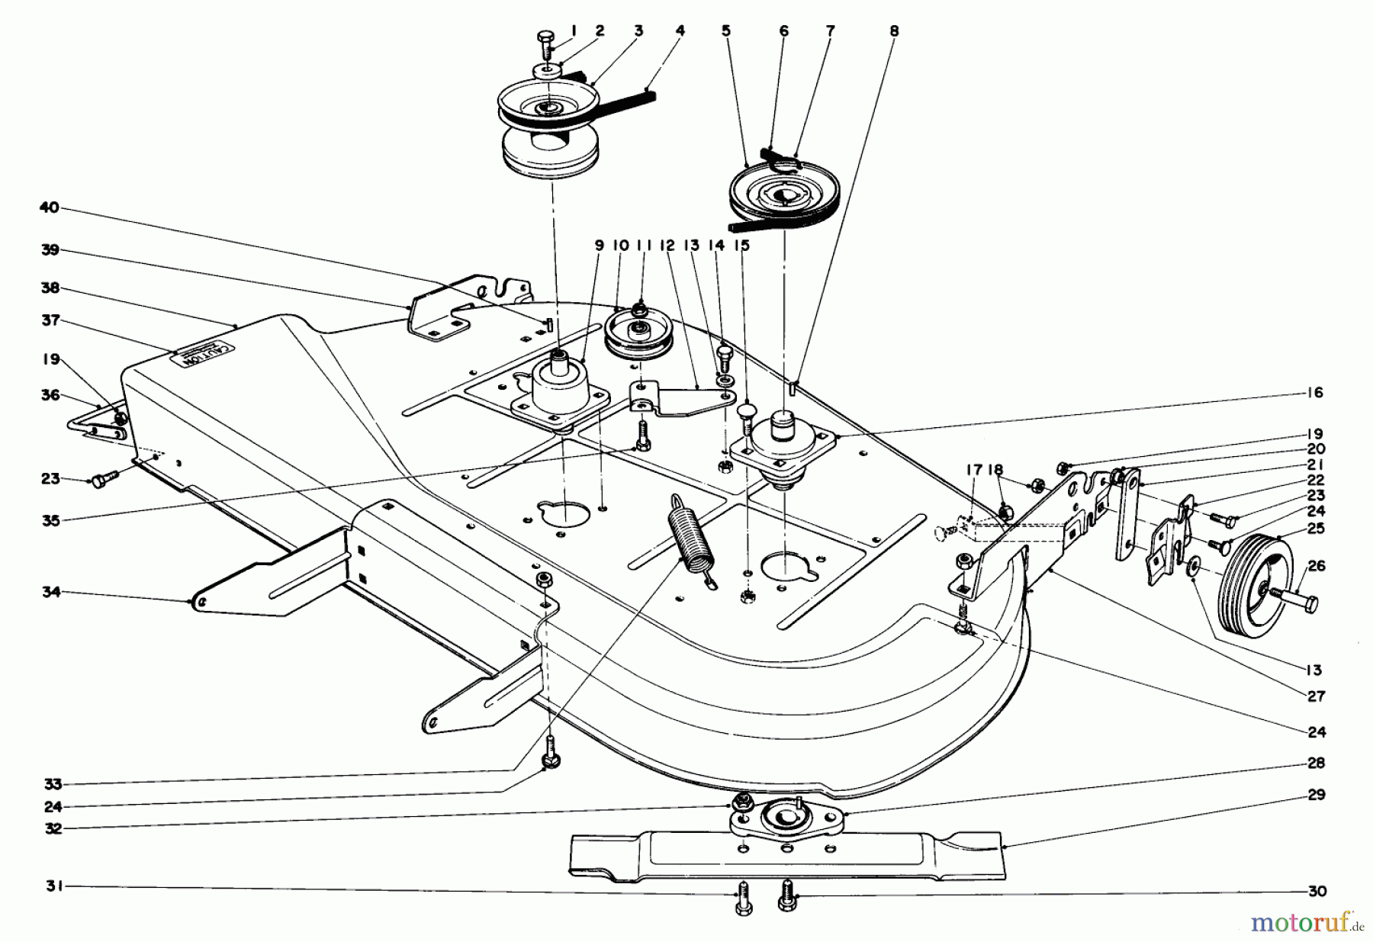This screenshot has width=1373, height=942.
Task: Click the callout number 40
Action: click(50, 208)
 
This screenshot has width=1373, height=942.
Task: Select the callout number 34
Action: click(50, 591)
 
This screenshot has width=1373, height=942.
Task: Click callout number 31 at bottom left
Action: click(50, 886)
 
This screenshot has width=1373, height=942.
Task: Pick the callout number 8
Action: click(894, 31)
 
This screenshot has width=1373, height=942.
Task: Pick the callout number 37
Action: click(50, 321)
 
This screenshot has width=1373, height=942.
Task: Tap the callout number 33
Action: click(50, 783)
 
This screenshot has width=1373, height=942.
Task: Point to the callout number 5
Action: click(725, 31)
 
